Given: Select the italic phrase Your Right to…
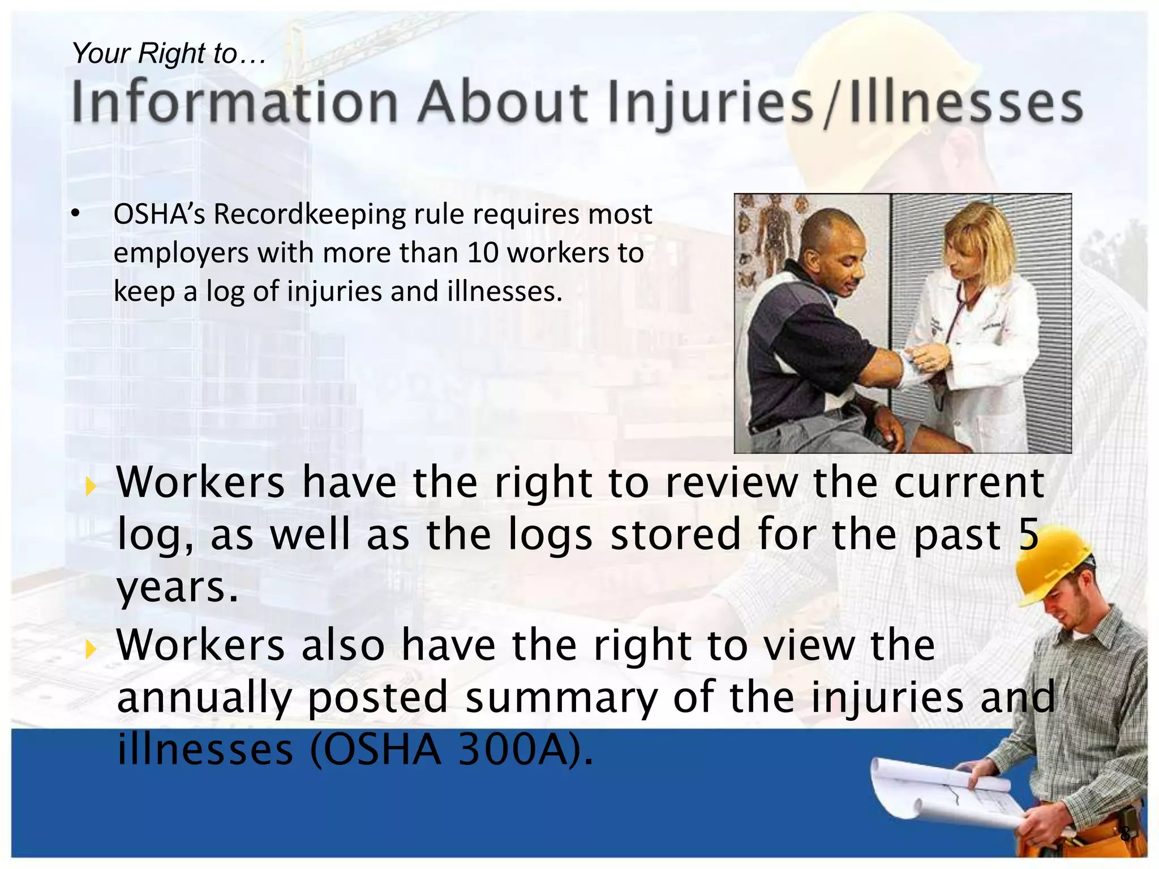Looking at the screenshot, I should pos(169,54).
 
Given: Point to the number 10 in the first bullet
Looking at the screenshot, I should pos(483,253).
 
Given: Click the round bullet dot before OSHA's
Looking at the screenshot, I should pos(75,214).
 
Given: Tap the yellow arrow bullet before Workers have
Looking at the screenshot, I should pos(89,486).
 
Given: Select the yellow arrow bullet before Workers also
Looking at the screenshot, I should pos(89,649).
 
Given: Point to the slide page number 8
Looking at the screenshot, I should pos(1126,833).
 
